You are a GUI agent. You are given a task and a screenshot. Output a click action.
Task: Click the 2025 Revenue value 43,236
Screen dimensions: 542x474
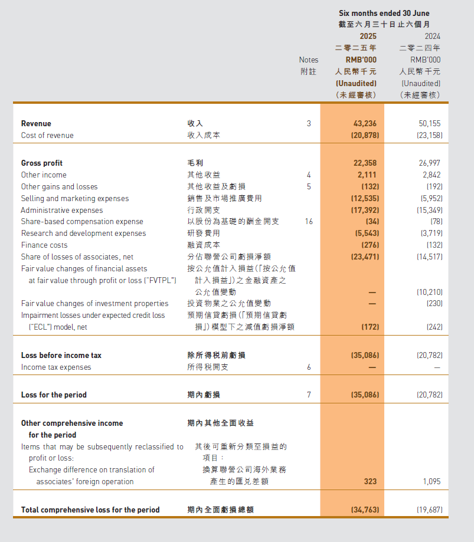tap(364, 124)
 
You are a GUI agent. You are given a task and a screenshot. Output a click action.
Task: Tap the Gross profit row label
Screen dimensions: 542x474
tap(42, 163)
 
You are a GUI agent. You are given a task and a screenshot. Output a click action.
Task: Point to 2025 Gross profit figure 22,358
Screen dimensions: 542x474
tap(364, 163)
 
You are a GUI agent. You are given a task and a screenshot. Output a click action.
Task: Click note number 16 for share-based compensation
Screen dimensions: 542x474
tap(308, 222)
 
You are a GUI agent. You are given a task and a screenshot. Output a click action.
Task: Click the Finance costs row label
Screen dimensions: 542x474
tap(44, 245)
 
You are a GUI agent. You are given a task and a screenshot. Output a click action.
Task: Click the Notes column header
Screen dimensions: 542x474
tap(308, 60)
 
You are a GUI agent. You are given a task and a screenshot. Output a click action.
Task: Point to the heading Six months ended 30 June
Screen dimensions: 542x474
tap(384, 13)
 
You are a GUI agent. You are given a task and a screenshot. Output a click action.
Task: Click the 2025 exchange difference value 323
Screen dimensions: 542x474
tap(370, 482)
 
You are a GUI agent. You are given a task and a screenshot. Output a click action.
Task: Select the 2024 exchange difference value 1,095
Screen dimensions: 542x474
tap(431, 482)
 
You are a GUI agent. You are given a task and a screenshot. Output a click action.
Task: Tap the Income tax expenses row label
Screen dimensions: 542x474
tap(56, 367)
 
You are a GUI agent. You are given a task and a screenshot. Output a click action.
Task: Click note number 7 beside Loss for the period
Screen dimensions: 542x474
tap(308, 395)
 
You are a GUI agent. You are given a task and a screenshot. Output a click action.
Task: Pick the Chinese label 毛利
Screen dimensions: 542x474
tap(195, 163)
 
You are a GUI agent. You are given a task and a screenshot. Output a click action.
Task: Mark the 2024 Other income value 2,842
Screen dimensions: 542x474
tap(431, 175)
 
